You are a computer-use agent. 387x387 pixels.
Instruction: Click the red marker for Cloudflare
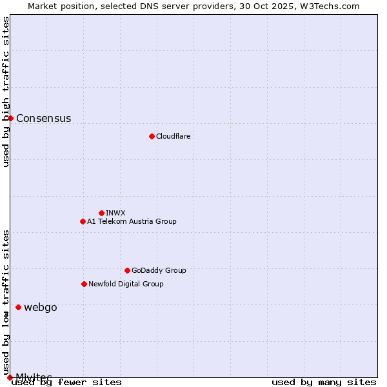pyautogui.click(x=152, y=136)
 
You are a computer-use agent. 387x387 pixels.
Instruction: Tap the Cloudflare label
pyautogui.click(x=173, y=136)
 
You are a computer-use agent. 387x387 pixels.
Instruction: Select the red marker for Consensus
pyautogui.click(x=10, y=118)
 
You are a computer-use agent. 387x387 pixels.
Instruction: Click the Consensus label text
pyautogui.click(x=43, y=118)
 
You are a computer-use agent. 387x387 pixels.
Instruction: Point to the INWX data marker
pyautogui.click(x=101, y=213)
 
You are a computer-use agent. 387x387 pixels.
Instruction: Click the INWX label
pyautogui.click(x=115, y=213)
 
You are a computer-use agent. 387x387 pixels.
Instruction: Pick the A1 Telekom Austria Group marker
pyautogui.click(x=83, y=221)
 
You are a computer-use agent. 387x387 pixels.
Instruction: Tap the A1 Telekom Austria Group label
pyautogui.click(x=132, y=221)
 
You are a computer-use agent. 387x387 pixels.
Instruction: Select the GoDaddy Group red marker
pyautogui.click(x=127, y=270)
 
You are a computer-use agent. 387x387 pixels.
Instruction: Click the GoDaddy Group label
pyautogui.click(x=159, y=270)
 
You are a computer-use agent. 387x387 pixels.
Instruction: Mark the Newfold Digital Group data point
pyautogui.click(x=84, y=284)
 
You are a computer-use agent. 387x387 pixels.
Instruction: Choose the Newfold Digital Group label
pyautogui.click(x=126, y=284)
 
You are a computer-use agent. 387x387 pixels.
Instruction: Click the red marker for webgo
pyautogui.click(x=18, y=307)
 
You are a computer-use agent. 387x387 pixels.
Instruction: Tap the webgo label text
pyautogui.click(x=40, y=307)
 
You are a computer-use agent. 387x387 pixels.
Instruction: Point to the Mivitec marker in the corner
pyautogui.click(x=10, y=377)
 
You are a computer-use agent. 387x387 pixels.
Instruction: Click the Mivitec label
pyautogui.click(x=34, y=377)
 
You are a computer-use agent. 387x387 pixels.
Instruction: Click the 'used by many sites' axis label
pyautogui.click(x=324, y=382)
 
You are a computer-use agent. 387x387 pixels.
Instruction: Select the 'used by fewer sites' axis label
pyautogui.click(x=66, y=382)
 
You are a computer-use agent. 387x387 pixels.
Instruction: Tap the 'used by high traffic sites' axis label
pyautogui.click(x=6, y=92)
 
